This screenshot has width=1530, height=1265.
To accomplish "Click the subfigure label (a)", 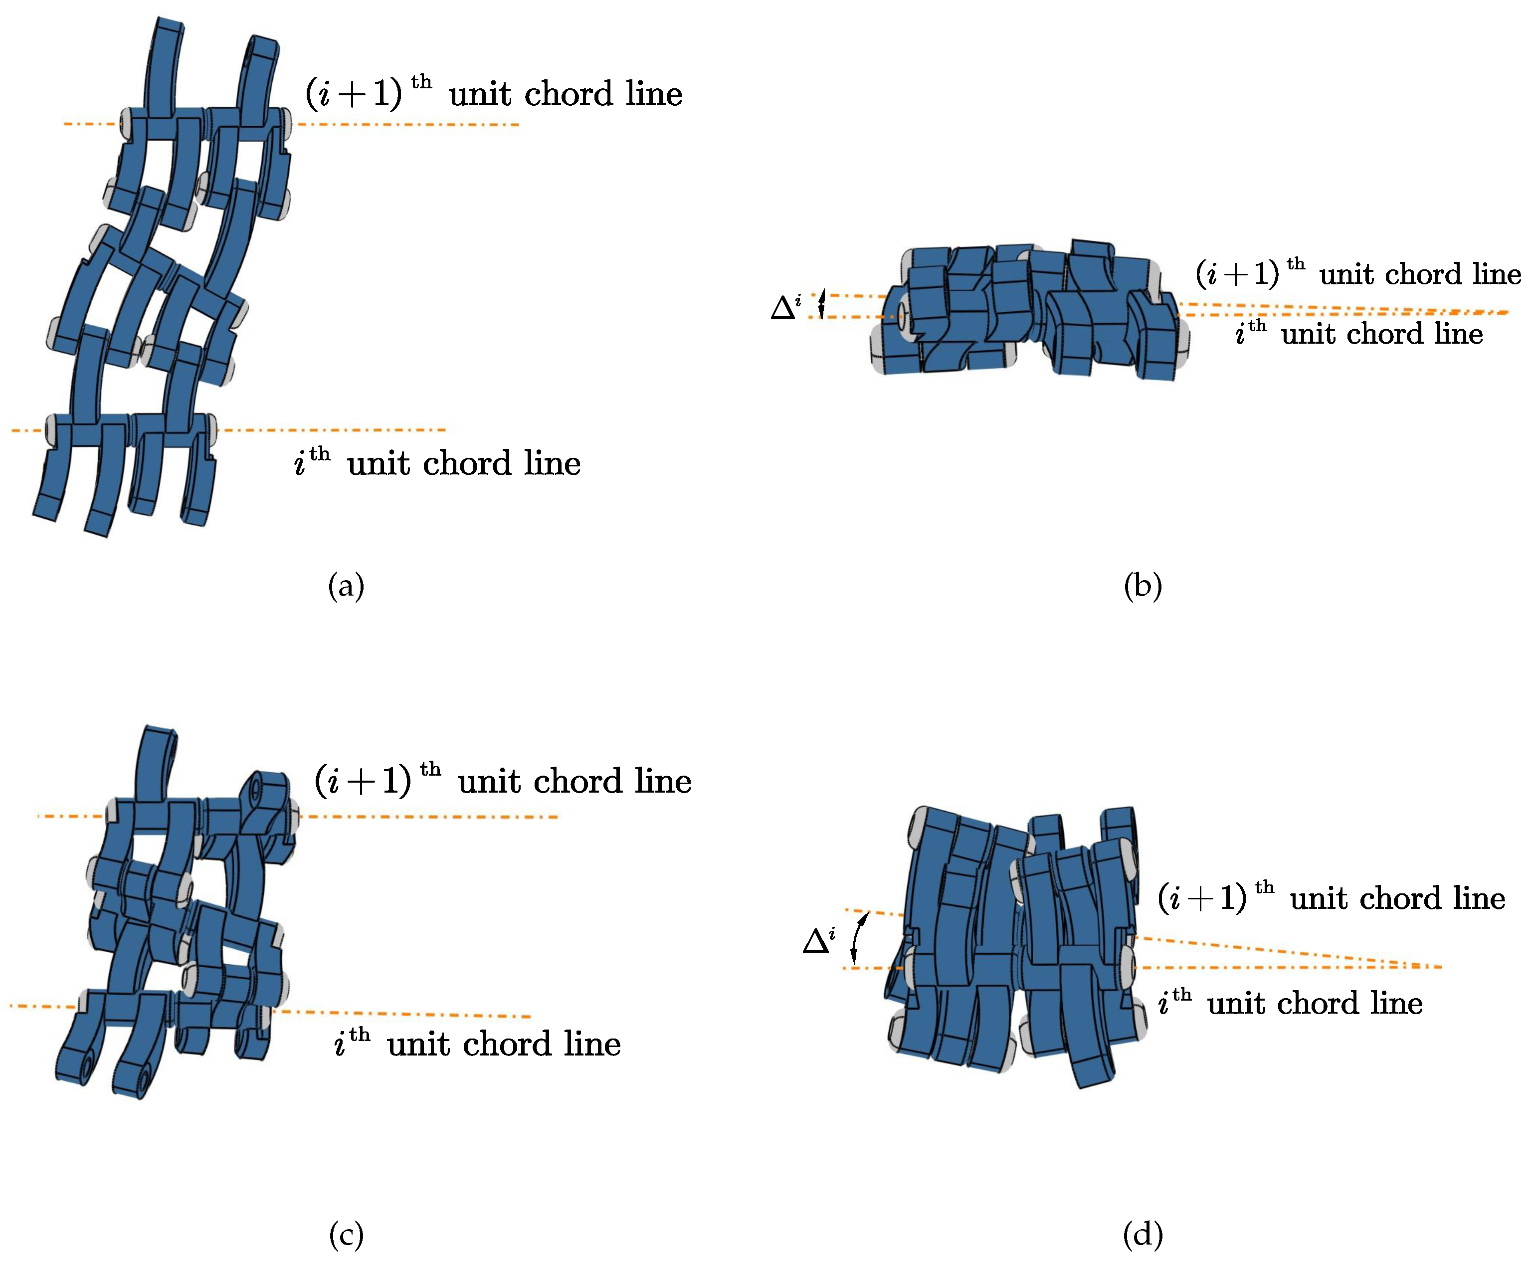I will click(346, 587).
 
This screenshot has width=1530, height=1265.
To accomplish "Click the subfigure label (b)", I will click(1143, 587).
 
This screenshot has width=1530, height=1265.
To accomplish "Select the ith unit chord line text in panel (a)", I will click(437, 463).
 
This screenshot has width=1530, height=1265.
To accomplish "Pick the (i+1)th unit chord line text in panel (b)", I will click(1358, 274).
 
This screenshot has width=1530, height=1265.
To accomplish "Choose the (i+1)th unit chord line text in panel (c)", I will click(503, 781).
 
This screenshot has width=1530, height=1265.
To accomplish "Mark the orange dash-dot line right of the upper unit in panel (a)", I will click(408, 125).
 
